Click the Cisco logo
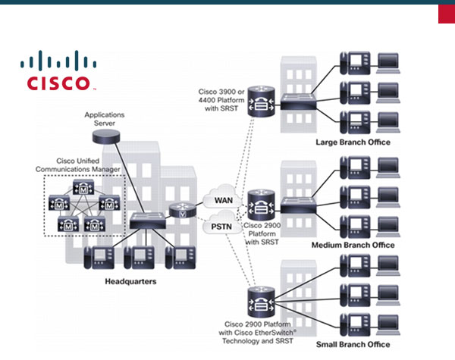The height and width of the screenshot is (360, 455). point(58,71)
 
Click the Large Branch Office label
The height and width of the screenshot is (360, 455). point(353,142)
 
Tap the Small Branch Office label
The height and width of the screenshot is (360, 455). point(353,344)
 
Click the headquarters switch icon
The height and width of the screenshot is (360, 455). point(143,221)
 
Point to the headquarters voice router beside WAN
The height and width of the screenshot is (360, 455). point(182,211)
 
